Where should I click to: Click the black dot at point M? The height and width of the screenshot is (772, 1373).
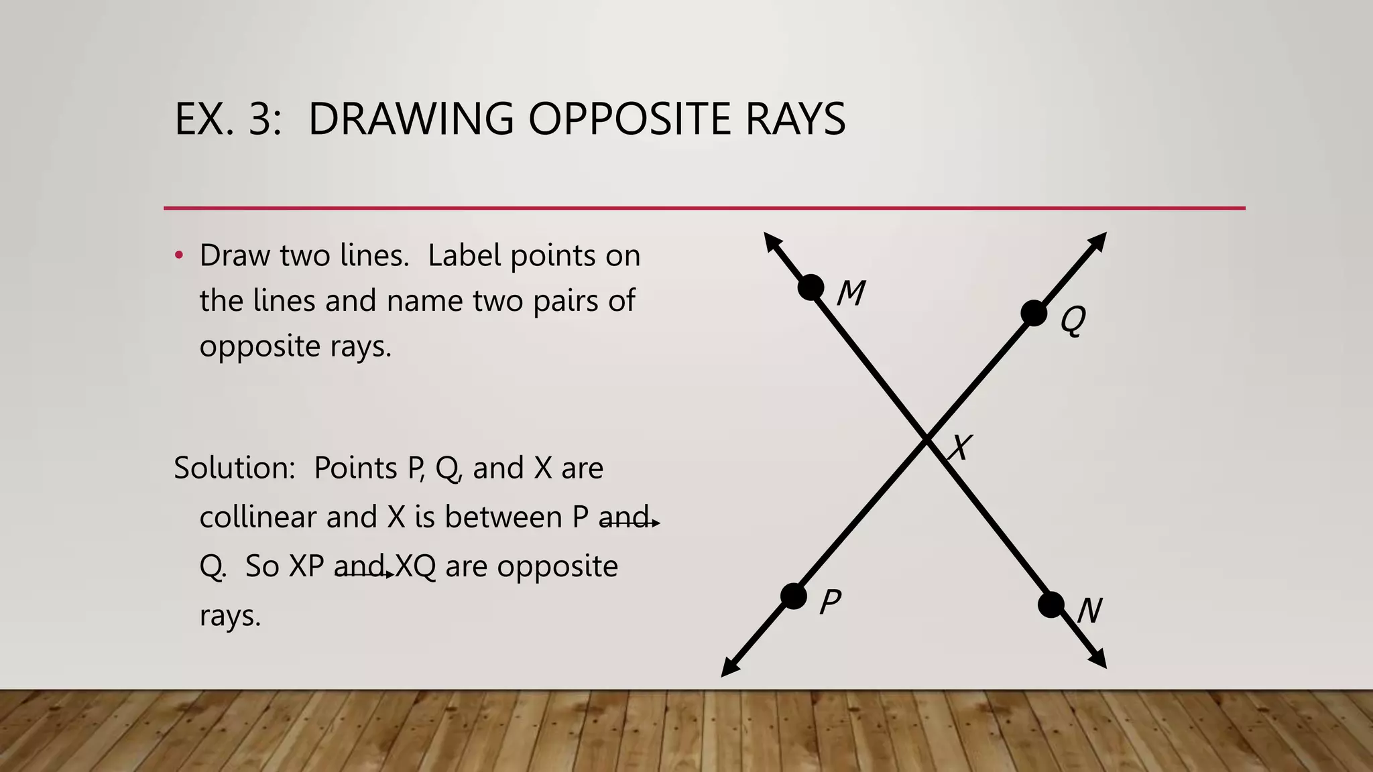[811, 287]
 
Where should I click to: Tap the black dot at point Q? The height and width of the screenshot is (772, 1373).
[1034, 313]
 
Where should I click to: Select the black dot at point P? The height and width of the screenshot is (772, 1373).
[794, 596]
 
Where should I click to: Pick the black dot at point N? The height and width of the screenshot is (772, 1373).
[1051, 605]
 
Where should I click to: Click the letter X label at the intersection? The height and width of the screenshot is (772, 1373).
[960, 448]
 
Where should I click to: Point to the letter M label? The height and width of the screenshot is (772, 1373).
[851, 293]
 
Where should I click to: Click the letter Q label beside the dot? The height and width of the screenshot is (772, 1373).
[1073, 320]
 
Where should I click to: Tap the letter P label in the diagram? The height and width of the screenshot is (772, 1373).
[830, 601]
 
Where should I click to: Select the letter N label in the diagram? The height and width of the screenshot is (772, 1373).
[1089, 610]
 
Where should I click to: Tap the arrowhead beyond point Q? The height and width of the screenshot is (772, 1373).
[1097, 241]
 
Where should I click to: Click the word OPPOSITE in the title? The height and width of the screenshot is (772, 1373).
[629, 119]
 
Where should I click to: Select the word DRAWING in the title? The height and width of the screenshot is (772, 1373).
[410, 119]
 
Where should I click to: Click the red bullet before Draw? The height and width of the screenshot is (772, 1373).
[178, 255]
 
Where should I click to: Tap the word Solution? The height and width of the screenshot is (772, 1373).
[234, 468]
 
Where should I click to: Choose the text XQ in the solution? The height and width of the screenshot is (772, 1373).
[415, 566]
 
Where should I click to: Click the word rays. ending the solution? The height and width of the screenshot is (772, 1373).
[229, 616]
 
